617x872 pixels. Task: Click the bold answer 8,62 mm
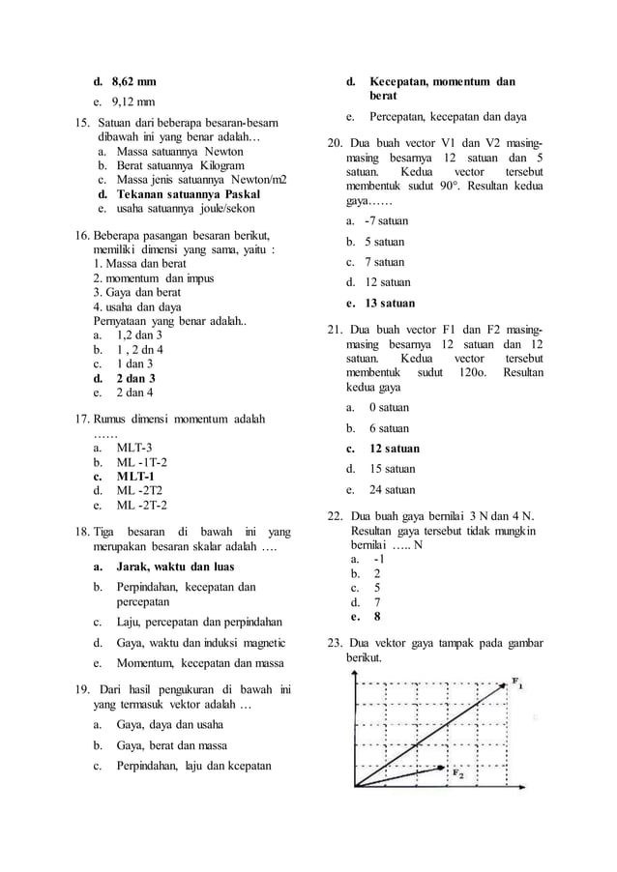click(x=133, y=81)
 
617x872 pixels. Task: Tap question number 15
click(x=81, y=125)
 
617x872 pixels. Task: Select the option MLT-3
click(x=134, y=448)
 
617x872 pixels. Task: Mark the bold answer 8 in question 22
click(x=376, y=615)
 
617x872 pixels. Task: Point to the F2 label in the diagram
click(x=457, y=773)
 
